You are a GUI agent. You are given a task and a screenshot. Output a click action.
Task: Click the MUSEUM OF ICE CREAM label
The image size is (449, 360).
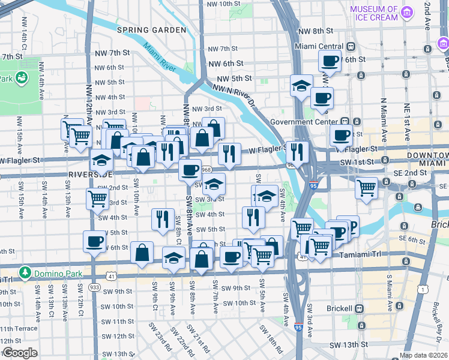point(374,13)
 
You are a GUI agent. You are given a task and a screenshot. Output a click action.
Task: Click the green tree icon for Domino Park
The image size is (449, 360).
point(25,273)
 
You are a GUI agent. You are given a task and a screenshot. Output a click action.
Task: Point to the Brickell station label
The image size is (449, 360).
point(340,308)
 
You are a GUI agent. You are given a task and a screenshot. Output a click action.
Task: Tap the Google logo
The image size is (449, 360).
point(19,353)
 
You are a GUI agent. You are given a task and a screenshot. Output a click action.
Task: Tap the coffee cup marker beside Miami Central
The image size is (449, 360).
point(330,60)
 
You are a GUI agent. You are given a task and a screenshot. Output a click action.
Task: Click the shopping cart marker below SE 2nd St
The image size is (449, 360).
point(367,188)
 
